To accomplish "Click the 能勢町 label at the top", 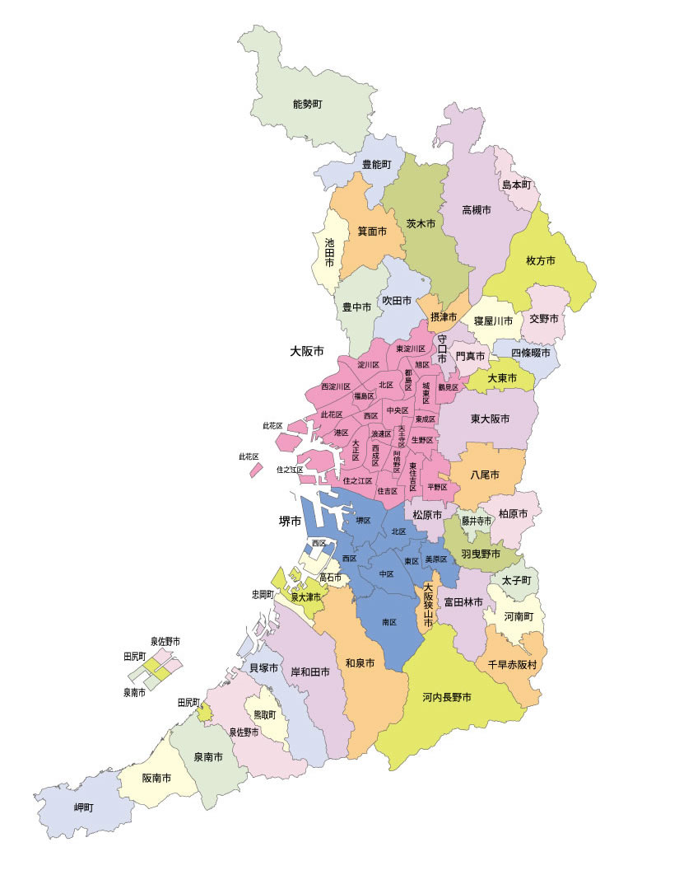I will click(x=307, y=105).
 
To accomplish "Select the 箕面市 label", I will click(x=372, y=232).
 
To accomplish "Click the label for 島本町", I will click(x=517, y=185).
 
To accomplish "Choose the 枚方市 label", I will click(x=540, y=260).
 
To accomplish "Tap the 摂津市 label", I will click(x=444, y=316).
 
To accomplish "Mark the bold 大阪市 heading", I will click(x=307, y=350).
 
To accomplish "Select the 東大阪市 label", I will click(x=491, y=419).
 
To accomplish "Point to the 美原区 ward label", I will click(x=435, y=559).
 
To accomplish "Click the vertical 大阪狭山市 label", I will click(x=428, y=607).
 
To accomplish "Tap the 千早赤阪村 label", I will click(x=510, y=663).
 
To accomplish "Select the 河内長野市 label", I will click(x=447, y=697).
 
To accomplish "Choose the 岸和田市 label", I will click(x=310, y=671).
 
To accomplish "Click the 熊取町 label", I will click(x=264, y=714).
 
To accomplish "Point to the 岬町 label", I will click(x=83, y=807).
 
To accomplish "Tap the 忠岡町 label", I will click(x=263, y=593).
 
